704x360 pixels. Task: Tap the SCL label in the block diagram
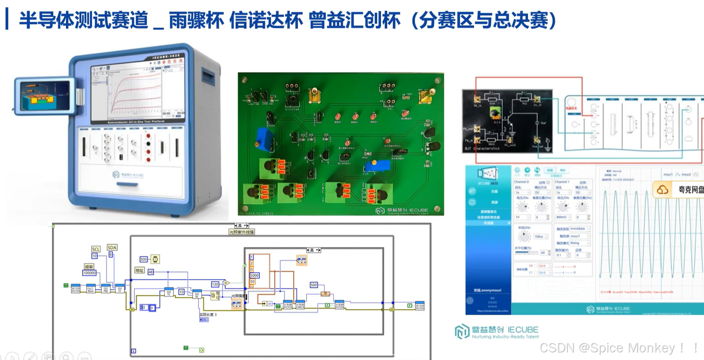(96, 249)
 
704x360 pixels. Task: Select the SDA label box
(112, 247)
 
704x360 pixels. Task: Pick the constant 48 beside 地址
(151, 272)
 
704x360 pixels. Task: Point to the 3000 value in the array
(254, 275)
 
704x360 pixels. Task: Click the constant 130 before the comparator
(215, 284)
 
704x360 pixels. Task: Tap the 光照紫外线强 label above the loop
(242, 232)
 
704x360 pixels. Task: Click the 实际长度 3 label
(208, 315)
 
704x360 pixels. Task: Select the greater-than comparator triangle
(226, 283)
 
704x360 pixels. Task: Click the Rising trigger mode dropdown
(580, 243)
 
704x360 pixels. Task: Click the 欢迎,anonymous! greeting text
(484, 290)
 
